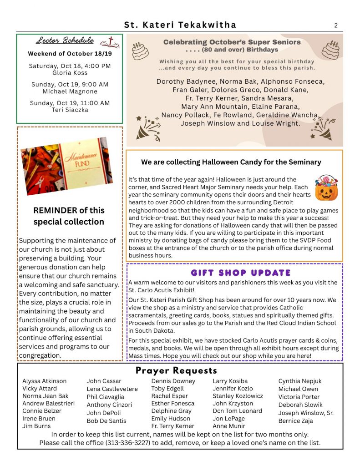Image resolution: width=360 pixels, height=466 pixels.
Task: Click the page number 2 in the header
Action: [x=336, y=25]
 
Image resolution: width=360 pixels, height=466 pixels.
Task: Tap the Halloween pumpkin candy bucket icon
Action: [x=326, y=187]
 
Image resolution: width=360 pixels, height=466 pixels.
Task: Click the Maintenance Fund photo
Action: [x=66, y=166]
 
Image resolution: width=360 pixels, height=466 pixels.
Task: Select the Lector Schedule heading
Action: [x=65, y=41]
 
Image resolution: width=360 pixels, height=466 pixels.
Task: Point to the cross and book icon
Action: [x=109, y=42]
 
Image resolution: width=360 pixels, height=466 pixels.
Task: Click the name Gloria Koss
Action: [x=70, y=73]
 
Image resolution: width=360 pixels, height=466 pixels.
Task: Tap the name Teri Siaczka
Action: [x=70, y=110]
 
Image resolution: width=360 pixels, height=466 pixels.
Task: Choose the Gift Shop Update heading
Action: [x=234, y=273]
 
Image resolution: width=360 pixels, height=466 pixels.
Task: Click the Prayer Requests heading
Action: [x=176, y=370]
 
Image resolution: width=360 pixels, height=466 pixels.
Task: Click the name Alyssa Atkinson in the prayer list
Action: [x=44, y=381]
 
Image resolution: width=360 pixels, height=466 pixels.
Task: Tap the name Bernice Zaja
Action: [x=295, y=421]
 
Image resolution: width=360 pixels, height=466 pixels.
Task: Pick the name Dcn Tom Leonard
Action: [x=238, y=411]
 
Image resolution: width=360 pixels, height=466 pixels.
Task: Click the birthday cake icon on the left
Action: [x=140, y=51]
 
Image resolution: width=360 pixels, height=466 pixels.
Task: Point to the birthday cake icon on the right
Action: [x=331, y=50]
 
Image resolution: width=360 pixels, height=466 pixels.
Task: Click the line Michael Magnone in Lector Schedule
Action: [x=70, y=91]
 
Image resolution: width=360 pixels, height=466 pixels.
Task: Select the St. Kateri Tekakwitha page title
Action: [x=180, y=25]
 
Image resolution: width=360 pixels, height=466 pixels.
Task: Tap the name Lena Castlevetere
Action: [x=112, y=389]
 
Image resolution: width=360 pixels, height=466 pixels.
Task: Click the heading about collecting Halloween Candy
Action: [x=231, y=162]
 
